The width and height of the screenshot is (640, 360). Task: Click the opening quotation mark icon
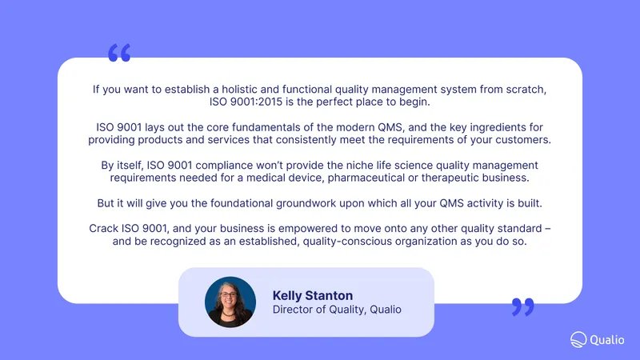coord(119,53)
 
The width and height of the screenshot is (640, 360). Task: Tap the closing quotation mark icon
coord(523,307)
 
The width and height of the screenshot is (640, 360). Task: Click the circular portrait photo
coord(230,302)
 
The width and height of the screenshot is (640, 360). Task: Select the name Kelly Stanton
coord(313,295)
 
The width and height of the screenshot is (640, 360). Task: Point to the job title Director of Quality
coord(318,310)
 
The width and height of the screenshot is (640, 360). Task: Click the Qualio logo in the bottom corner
coord(597,339)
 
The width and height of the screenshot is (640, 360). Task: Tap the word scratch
coord(526,90)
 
